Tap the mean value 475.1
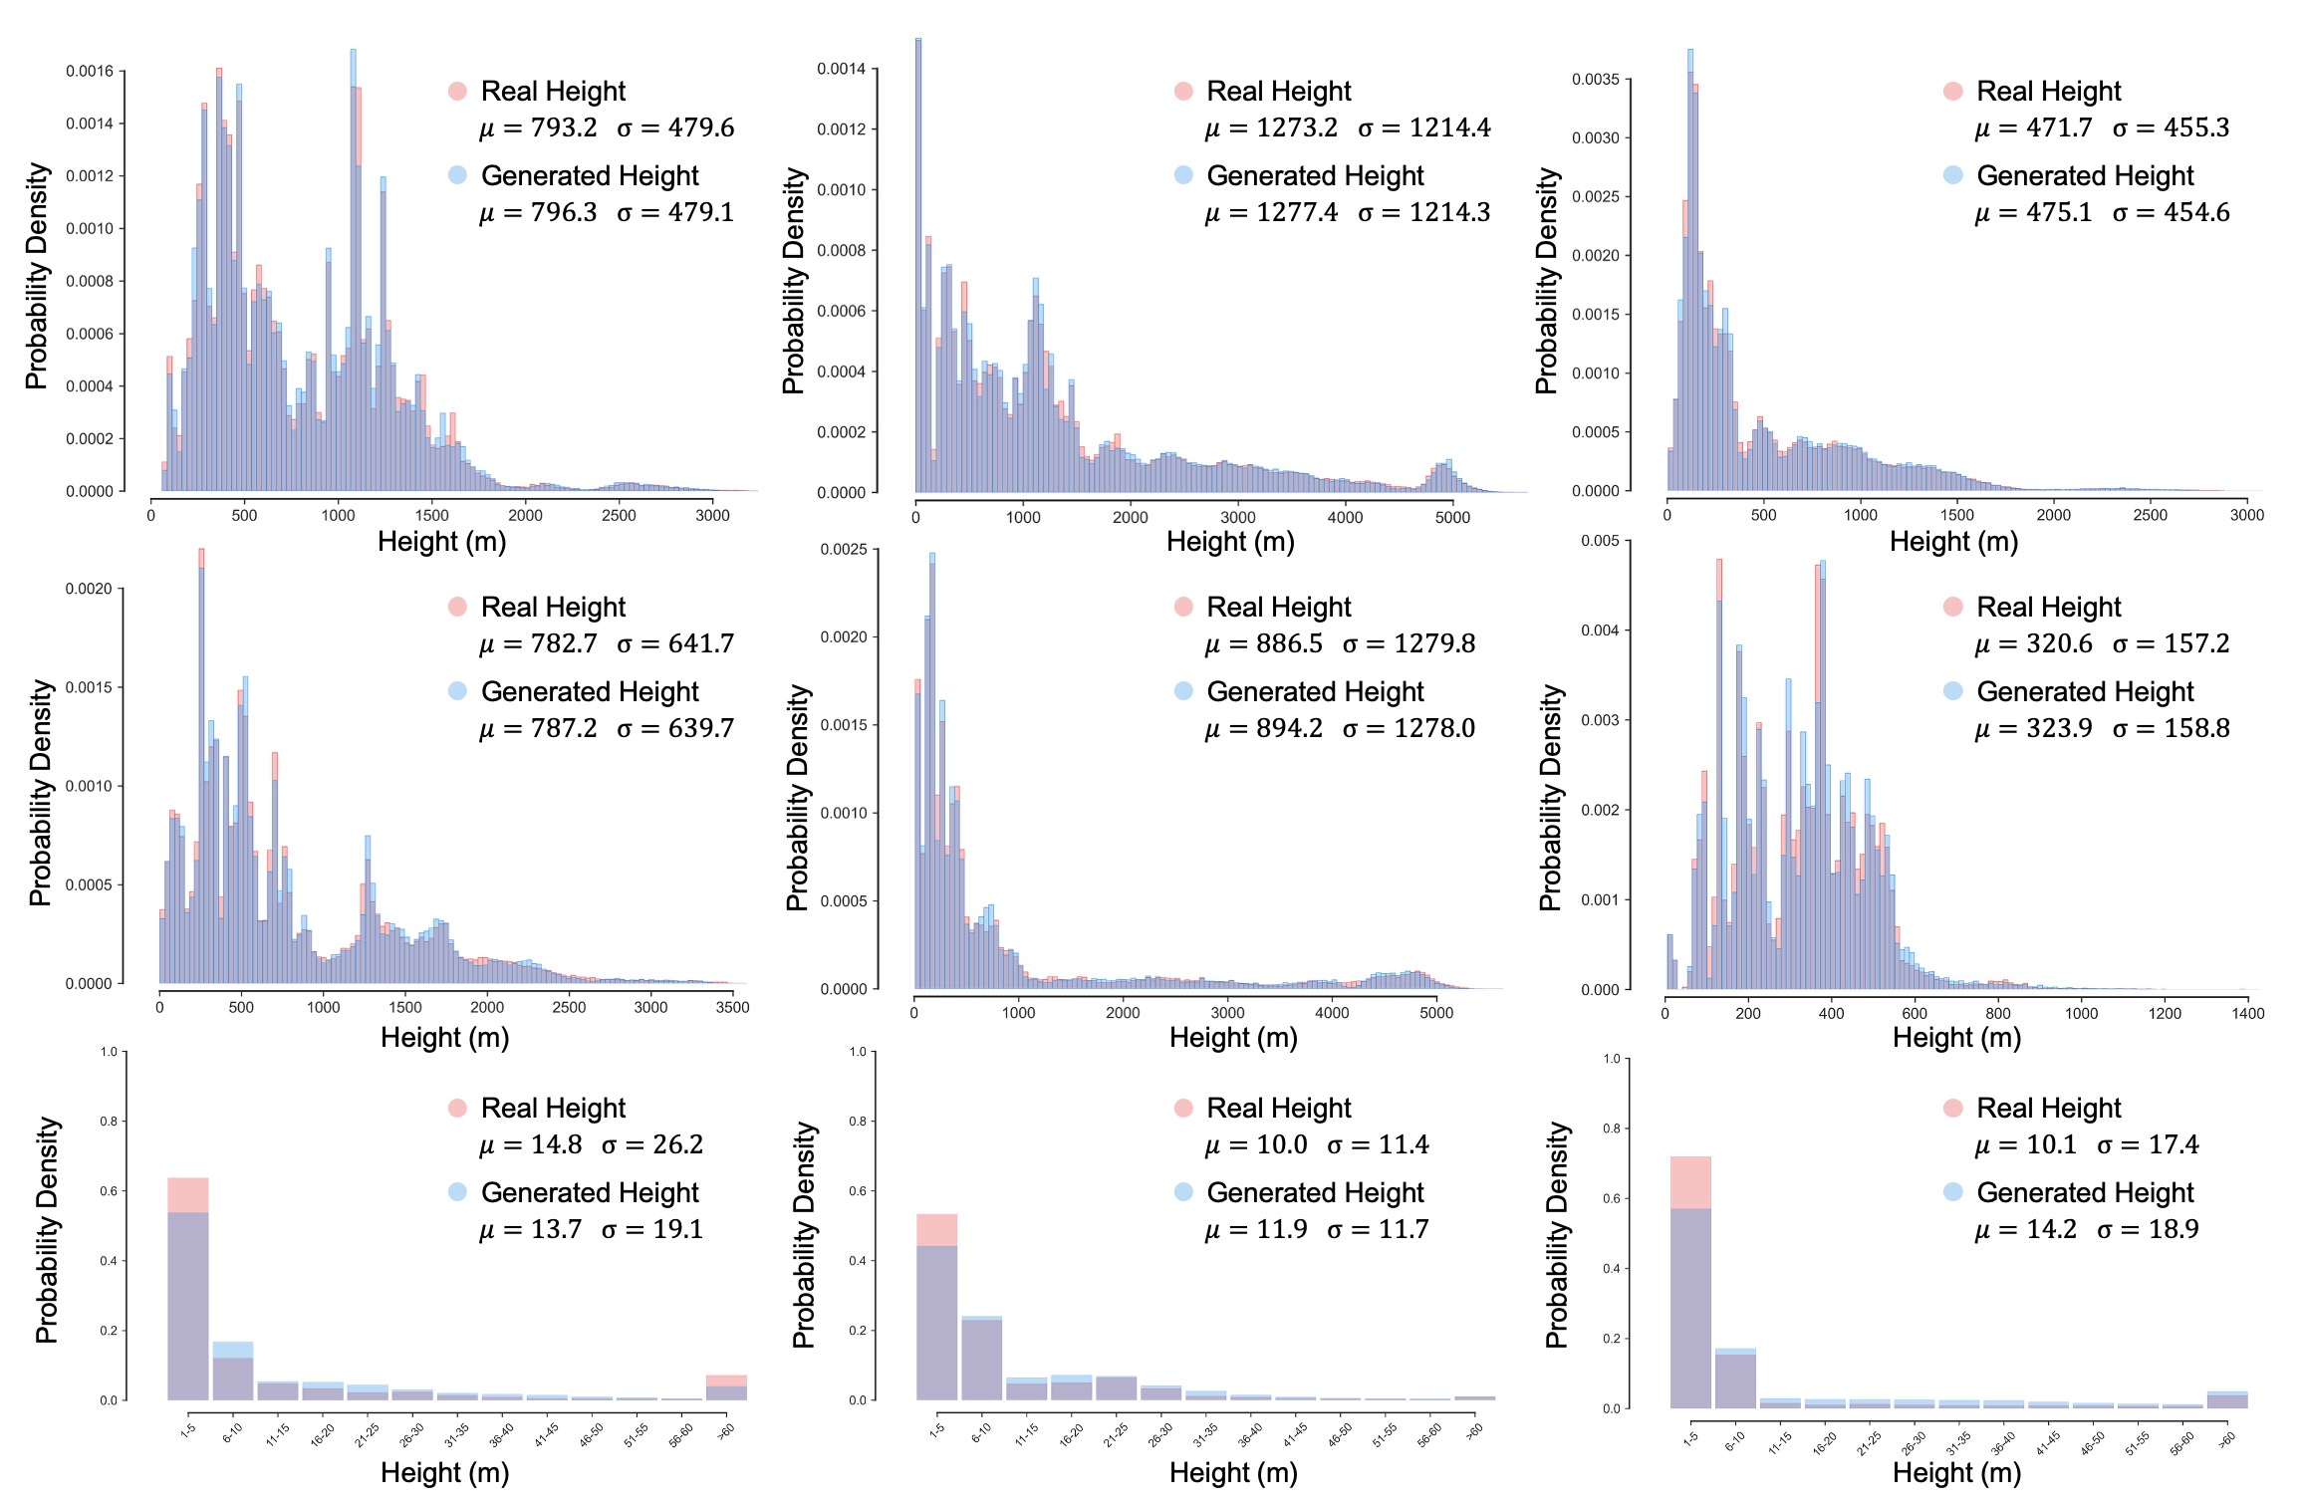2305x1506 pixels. point(2058,213)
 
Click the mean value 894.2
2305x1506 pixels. point(1289,729)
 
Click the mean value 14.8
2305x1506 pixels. point(556,1145)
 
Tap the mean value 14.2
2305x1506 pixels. point(2051,1230)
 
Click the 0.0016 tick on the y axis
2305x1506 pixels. point(90,72)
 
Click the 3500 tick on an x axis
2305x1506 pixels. point(732,1007)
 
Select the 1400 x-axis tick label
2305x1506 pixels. point(2247,1014)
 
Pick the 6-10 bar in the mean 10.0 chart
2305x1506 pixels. point(981,1360)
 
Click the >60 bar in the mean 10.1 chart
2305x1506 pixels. point(2227,1400)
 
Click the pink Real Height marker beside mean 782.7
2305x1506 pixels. point(457,607)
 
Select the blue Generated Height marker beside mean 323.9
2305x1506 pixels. point(1952,691)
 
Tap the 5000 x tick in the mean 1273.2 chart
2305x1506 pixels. point(1452,518)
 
